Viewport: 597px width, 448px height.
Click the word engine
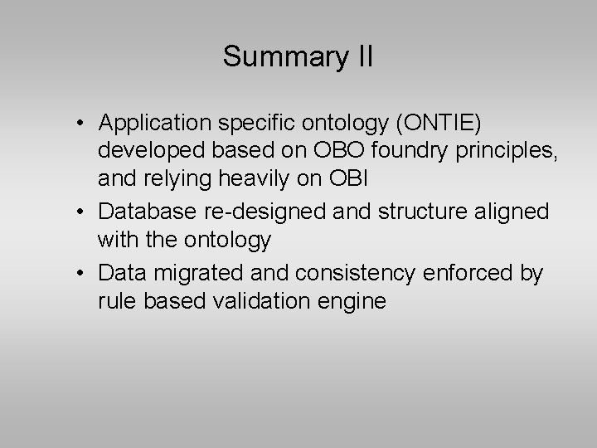pyautogui.click(x=355, y=301)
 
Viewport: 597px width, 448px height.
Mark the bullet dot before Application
pyautogui.click(x=75, y=124)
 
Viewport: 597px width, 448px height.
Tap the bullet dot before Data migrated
pyautogui.click(x=75, y=273)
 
